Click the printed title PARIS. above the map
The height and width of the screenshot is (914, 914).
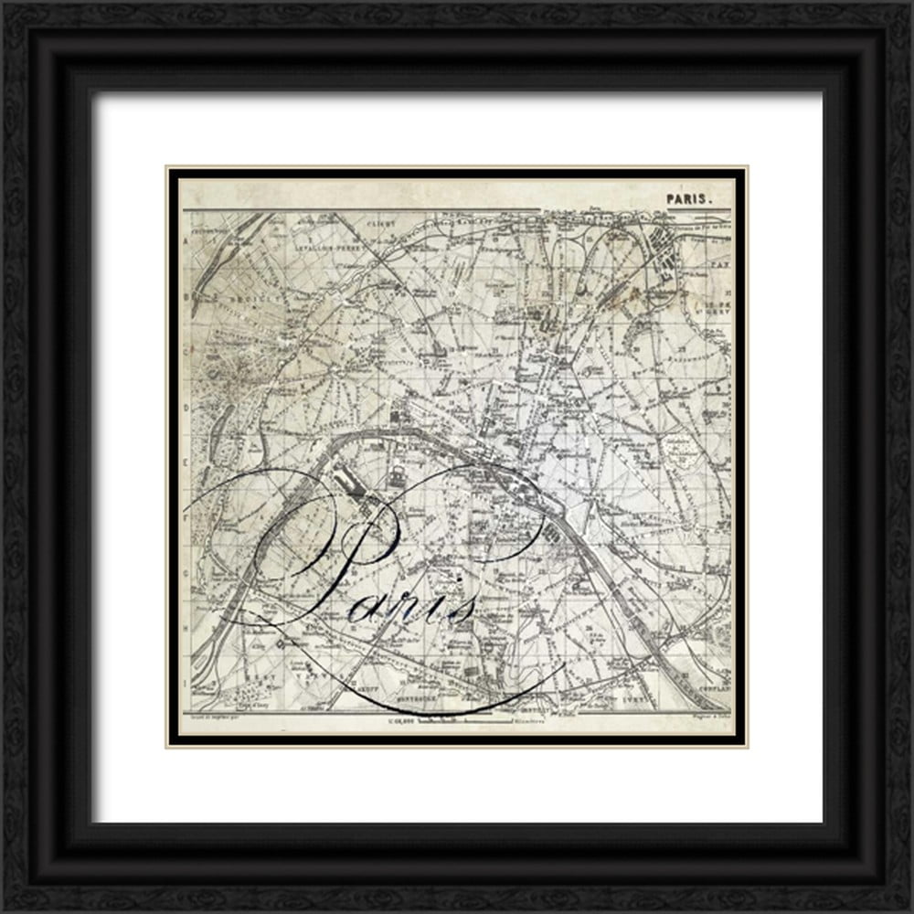point(686,197)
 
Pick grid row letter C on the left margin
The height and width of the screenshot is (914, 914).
point(187,348)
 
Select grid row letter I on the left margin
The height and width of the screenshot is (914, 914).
point(187,682)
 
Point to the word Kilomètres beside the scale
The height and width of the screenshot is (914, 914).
point(522,722)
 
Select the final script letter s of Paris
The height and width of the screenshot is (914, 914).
point(463,608)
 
